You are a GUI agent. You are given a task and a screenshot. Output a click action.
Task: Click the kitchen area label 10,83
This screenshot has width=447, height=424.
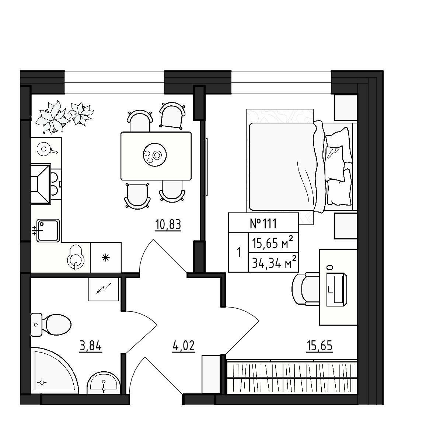[x=168, y=225]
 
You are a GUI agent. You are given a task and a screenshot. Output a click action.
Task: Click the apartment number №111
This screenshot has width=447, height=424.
[x=263, y=224]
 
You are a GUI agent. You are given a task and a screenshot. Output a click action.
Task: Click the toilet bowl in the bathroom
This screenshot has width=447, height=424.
[x=51, y=325]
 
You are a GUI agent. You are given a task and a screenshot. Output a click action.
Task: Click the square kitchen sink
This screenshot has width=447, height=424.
[x=48, y=230]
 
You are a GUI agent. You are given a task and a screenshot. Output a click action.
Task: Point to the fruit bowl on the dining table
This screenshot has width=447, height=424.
[x=155, y=155]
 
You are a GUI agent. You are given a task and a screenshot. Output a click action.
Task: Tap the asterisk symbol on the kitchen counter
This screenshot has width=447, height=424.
[x=105, y=258]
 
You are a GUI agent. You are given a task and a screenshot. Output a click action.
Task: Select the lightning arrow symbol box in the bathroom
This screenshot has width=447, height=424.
[x=104, y=289]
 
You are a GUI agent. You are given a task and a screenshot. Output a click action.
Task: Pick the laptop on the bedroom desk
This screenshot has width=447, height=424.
[x=337, y=290]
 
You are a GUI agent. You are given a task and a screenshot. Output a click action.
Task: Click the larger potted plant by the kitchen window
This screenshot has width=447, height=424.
[x=52, y=117]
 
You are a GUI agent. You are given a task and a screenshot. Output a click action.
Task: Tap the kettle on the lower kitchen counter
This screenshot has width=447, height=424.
[x=76, y=257]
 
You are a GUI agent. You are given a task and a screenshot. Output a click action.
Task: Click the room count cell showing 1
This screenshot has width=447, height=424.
[x=238, y=253]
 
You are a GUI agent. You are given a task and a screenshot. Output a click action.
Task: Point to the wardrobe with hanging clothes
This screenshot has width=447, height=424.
[x=292, y=377]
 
